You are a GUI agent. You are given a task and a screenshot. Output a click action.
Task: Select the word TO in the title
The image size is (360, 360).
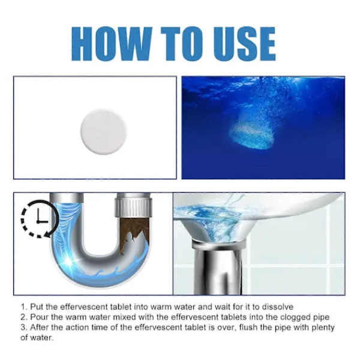(182, 44)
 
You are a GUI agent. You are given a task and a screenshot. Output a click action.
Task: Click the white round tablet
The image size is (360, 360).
(104, 131)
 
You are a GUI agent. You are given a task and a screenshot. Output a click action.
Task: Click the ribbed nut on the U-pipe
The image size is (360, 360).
(133, 205)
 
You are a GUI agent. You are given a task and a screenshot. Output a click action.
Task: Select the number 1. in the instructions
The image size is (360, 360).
(24, 307)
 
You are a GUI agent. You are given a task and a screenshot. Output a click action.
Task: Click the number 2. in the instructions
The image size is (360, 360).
(24, 317)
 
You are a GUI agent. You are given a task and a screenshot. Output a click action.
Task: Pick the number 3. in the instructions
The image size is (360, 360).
(24, 327)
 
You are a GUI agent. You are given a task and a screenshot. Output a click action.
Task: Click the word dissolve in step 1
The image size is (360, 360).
(278, 307)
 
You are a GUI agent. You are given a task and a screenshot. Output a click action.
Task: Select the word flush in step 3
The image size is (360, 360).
(249, 327)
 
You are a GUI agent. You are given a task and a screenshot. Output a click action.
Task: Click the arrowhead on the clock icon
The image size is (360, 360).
(47, 234)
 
